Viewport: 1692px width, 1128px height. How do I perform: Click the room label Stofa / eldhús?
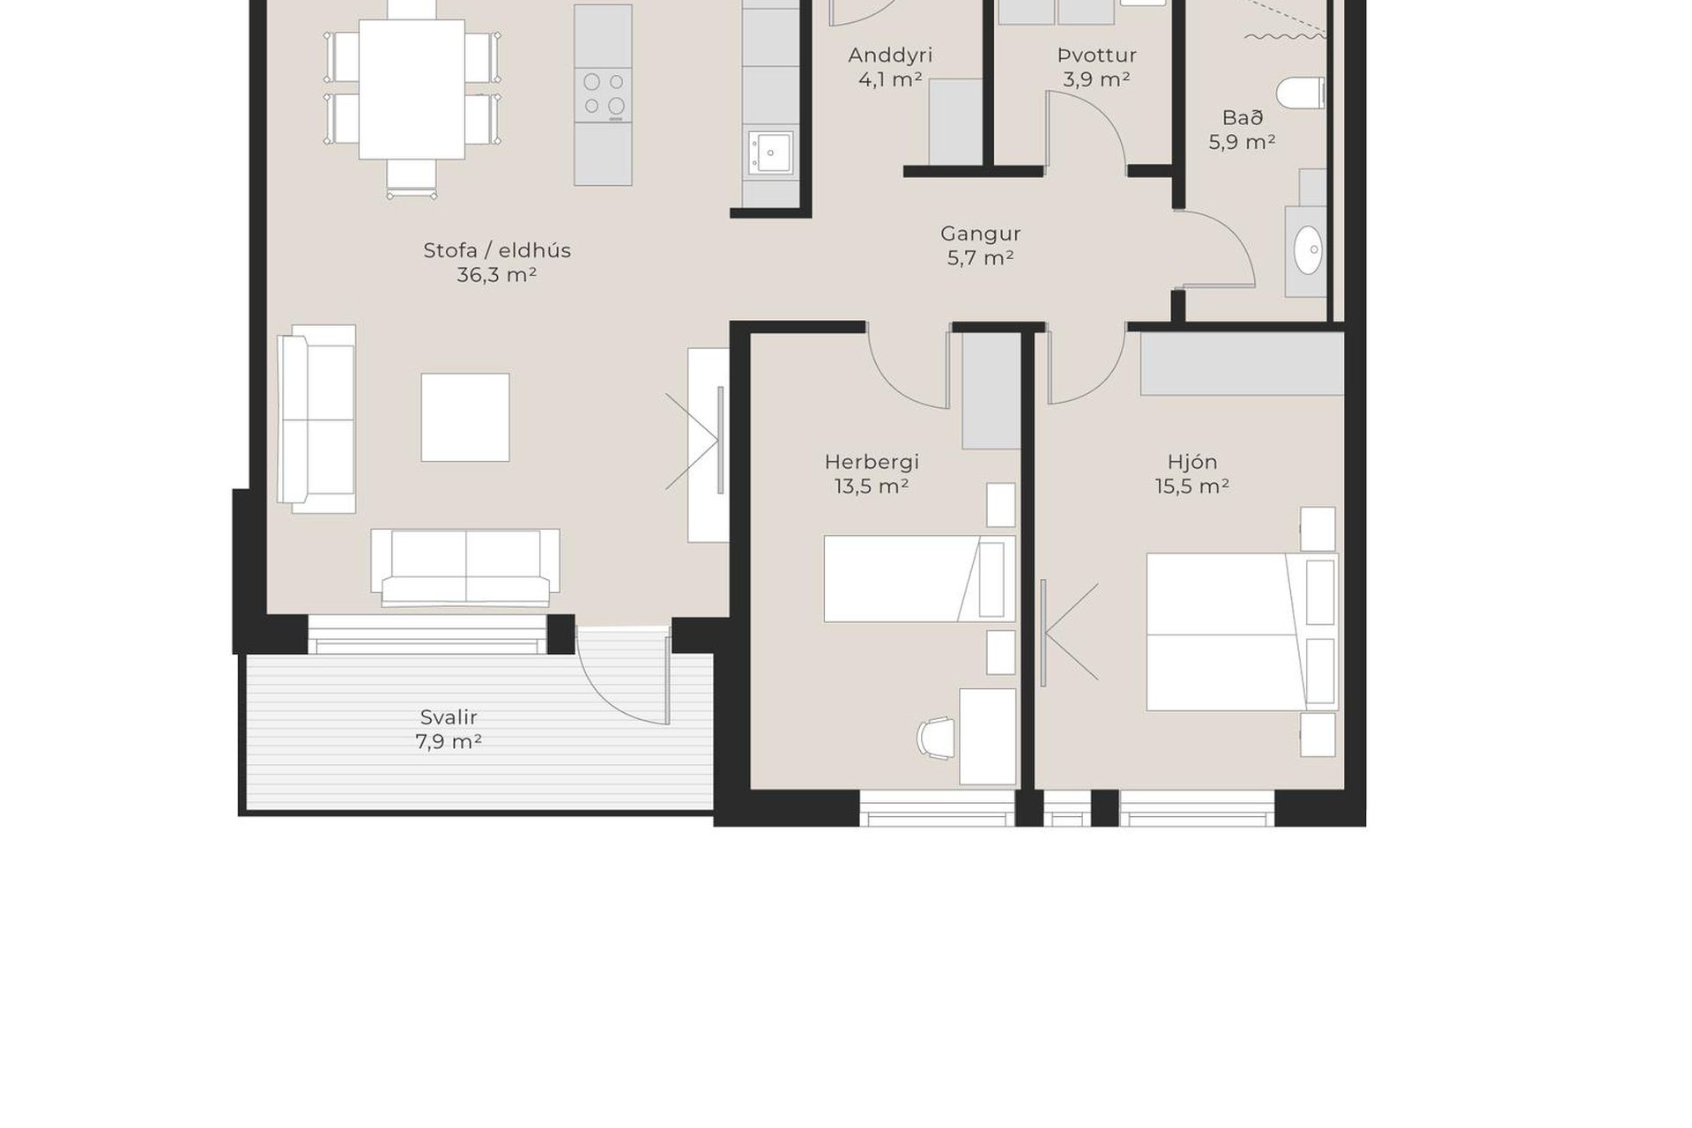497,251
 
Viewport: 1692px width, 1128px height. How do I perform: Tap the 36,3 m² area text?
497,275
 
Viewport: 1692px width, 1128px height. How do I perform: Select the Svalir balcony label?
449,717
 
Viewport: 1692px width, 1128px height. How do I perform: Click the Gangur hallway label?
980,234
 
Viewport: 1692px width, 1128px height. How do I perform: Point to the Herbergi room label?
872,462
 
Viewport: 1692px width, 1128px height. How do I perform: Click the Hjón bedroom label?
1192,462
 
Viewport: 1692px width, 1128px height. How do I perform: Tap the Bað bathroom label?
1243,117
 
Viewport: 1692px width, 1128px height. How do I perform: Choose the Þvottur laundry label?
1097,56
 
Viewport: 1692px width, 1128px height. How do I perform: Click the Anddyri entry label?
890,56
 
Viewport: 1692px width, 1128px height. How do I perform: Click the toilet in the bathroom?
1301,93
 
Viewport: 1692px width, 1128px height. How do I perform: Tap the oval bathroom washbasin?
1308,250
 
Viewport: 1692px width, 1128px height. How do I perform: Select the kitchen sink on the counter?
770,153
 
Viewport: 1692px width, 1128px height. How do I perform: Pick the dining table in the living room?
412,89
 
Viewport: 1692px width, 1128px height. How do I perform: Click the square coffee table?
465,418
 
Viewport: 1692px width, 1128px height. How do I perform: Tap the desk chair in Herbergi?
936,737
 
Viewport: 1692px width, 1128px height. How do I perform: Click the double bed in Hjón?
1243,632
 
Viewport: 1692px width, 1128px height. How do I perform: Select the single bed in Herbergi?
920,579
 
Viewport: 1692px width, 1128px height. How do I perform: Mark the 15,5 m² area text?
1192,486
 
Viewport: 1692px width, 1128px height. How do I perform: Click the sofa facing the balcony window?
465,567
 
